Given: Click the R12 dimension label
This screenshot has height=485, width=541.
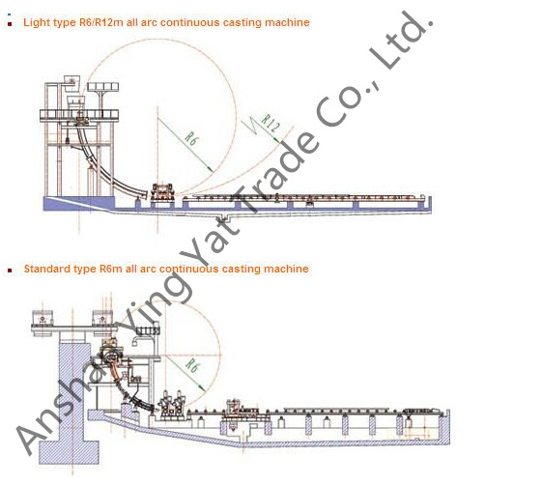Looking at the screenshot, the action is point(270,123).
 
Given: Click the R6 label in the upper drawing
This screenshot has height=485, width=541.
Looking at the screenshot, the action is point(191,138).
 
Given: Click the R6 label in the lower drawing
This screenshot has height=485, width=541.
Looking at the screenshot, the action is point(192,365).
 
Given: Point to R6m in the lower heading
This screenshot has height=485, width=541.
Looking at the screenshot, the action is point(111,269).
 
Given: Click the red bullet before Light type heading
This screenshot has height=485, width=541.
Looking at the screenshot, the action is point(10,24).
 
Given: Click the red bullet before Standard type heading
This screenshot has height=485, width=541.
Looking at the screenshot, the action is point(10,271).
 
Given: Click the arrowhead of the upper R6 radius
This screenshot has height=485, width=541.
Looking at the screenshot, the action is point(211,169).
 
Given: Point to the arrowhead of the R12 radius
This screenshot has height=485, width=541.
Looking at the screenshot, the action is point(276,139).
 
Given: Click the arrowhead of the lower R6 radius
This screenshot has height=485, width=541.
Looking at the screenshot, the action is point(202,388).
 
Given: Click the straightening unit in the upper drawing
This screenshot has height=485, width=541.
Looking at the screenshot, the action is point(162,191).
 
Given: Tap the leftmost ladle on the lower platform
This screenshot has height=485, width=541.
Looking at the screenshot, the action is point(43,318).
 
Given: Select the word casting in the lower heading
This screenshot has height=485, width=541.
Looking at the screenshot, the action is point(241,269).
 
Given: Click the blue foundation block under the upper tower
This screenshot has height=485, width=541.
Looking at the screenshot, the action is point(78,203).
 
